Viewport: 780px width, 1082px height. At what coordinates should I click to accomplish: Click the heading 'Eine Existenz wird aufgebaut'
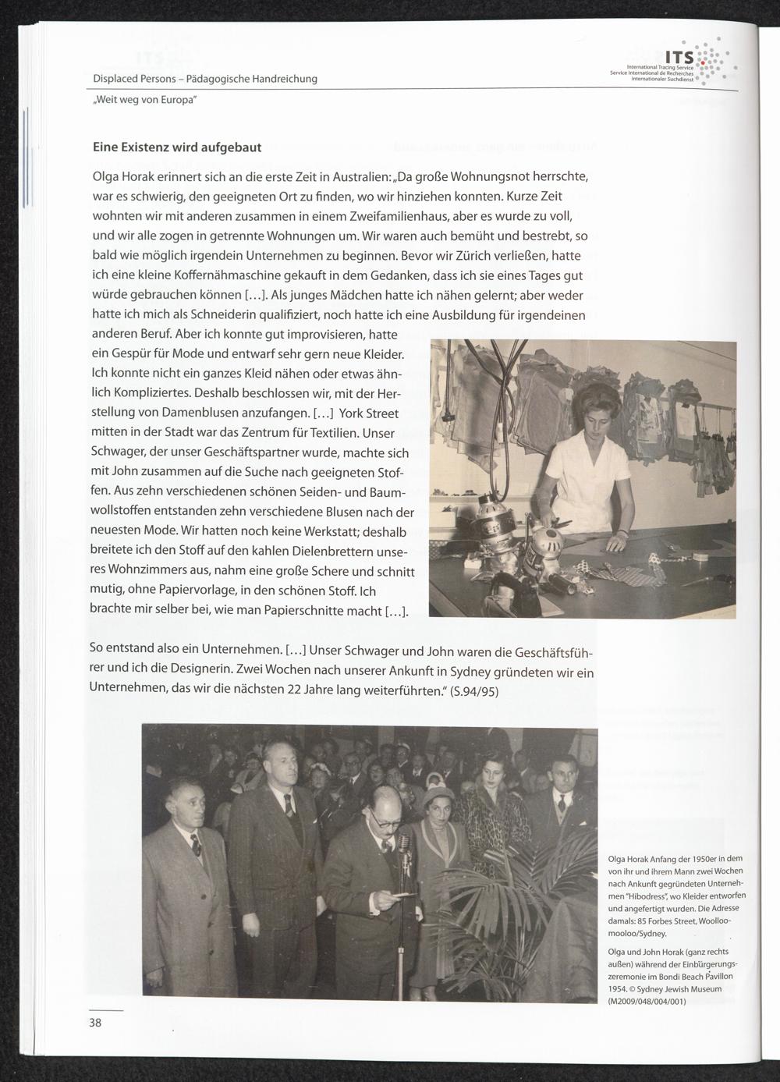177,147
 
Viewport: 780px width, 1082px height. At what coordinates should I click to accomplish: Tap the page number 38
95,1023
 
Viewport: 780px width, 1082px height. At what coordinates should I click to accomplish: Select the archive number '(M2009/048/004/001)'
647,1002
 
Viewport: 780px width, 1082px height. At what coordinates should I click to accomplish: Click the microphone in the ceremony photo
403,843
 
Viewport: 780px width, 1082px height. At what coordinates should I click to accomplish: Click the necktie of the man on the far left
196,844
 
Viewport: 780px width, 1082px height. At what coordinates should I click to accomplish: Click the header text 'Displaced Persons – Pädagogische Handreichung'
205,79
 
